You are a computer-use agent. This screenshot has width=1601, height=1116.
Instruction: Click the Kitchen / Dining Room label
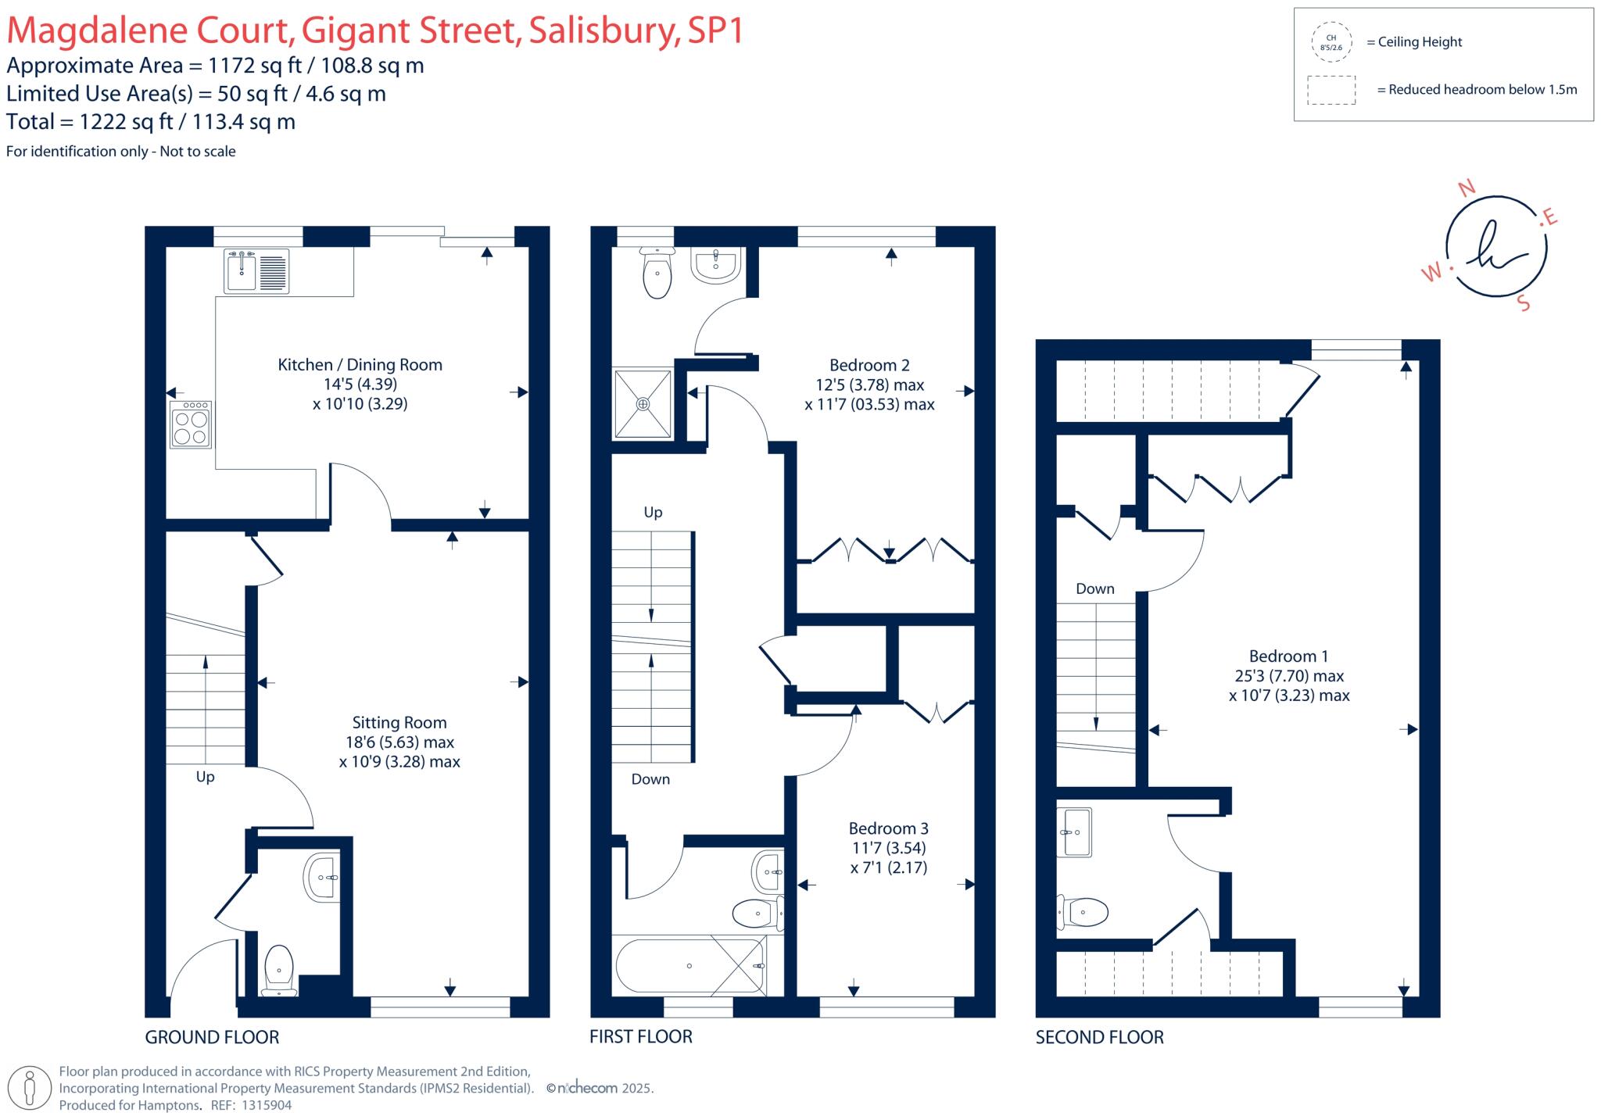[360, 365]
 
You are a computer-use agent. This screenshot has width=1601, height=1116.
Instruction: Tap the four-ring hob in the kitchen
[191, 425]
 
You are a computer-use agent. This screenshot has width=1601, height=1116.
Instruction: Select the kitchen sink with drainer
[256, 270]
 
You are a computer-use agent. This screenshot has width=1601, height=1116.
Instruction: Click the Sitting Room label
[399, 723]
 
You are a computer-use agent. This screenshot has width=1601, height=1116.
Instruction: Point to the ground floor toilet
[278, 969]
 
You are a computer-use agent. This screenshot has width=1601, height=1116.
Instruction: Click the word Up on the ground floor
[205, 777]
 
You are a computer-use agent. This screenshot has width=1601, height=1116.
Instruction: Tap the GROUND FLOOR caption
[212, 1037]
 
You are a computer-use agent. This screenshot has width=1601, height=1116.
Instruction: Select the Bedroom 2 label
[869, 365]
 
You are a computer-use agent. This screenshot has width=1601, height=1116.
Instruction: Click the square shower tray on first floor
[643, 403]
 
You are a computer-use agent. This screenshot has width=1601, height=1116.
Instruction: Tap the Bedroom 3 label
[889, 828]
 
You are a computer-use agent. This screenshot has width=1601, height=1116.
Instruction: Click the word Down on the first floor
[650, 779]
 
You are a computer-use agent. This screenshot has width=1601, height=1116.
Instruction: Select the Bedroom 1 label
[1288, 656]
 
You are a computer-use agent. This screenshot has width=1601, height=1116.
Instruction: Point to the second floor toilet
[1083, 911]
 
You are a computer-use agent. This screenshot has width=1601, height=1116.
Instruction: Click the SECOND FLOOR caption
[1099, 1037]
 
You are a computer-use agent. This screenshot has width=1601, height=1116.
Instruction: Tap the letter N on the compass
[1467, 188]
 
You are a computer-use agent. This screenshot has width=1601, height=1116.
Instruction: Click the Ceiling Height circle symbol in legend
[1331, 42]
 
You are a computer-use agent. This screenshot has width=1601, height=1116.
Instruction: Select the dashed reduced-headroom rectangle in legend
[1331, 90]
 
